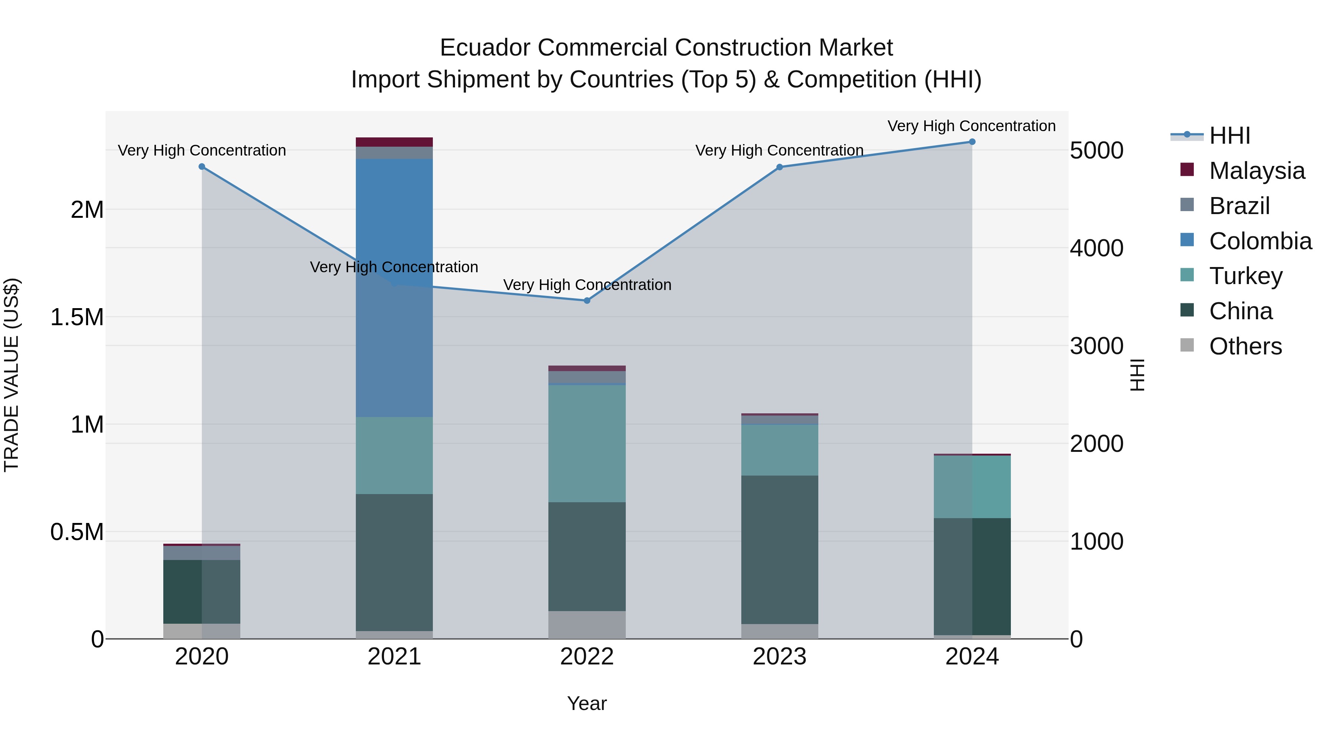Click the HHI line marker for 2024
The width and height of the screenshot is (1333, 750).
point(972,142)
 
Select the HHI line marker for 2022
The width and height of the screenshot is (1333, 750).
point(587,301)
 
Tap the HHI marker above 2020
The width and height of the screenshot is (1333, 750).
point(202,167)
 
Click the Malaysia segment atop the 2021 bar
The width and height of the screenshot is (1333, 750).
point(394,142)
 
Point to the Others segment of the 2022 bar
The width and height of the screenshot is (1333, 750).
point(587,625)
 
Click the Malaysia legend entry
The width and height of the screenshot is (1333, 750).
point(1256,171)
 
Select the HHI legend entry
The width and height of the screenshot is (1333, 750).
point(1229,136)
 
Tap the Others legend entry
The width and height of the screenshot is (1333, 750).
point(1245,346)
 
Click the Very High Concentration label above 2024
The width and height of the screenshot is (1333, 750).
point(971,126)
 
